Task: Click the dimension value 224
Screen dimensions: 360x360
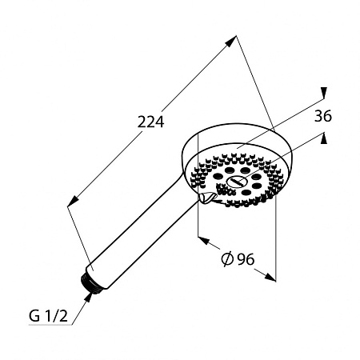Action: [150, 122]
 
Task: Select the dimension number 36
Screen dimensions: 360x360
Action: [323, 116]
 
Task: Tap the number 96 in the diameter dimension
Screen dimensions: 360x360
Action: [246, 259]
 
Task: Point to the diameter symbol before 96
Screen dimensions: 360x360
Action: [227, 259]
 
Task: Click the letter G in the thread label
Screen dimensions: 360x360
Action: [34, 316]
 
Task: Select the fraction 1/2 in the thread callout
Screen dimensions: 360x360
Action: [56, 316]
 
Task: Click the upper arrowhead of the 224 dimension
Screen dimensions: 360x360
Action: [231, 41]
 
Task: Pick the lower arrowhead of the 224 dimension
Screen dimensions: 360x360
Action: [73, 201]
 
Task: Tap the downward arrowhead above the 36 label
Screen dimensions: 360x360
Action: [324, 93]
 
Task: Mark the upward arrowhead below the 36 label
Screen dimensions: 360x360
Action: [324, 138]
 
